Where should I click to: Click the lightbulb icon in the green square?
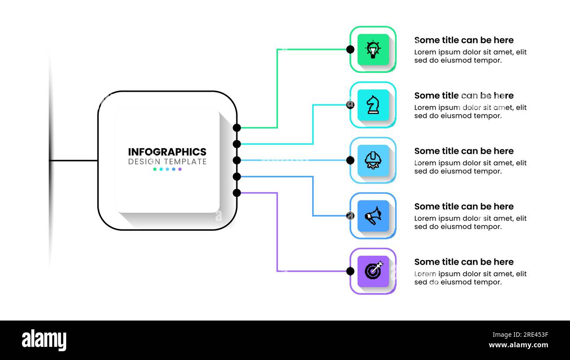pos(373,50)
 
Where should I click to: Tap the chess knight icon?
pos(373,105)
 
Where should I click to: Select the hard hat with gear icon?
pos(373,160)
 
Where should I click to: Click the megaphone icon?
pos(373,216)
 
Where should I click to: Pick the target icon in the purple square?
pos(373,271)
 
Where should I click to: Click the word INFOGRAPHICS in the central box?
pos(167,152)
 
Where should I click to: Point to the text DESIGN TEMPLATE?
pos(167,162)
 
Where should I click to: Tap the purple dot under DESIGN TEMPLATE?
pos(180,169)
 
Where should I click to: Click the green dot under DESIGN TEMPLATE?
pos(155,169)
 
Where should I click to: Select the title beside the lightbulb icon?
pos(463,40)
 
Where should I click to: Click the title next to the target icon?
pos(463,262)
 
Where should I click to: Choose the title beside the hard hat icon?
pos(463,151)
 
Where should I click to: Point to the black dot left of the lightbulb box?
pos(350,50)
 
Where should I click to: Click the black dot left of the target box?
pos(350,271)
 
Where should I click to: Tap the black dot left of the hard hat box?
pos(350,160)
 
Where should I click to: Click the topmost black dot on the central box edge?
pos(237,128)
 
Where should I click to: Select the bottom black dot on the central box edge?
pos(237,193)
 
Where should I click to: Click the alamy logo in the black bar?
pos(44,340)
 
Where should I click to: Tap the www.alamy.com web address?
pos(518,346)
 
